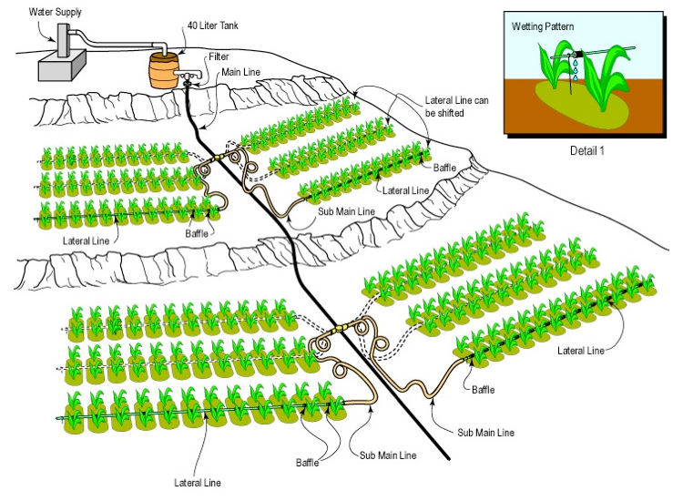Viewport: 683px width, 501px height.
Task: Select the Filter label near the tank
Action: pos(219,56)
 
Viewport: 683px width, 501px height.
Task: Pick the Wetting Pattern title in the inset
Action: pos(545,28)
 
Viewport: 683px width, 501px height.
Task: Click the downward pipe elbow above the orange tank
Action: pos(163,45)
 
